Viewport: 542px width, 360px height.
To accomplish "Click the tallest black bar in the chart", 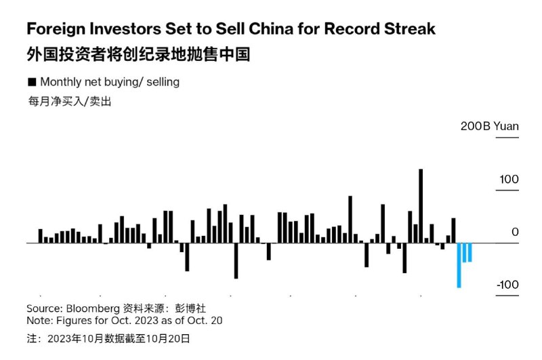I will (x=421, y=205).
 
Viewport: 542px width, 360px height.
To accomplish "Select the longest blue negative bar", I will (x=459, y=265).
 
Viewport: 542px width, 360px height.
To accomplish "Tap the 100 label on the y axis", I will (x=509, y=180).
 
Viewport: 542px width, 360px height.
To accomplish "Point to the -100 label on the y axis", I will (x=507, y=284).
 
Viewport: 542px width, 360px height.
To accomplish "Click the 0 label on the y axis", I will (x=515, y=232).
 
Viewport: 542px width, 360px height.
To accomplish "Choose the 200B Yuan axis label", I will (x=490, y=127).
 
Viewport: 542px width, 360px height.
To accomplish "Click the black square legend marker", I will (x=31, y=82).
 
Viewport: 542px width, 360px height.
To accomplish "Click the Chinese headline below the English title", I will (x=138, y=54).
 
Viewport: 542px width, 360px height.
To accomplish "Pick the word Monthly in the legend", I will (x=62, y=82).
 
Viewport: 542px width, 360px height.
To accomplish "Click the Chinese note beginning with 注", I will (x=108, y=337).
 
